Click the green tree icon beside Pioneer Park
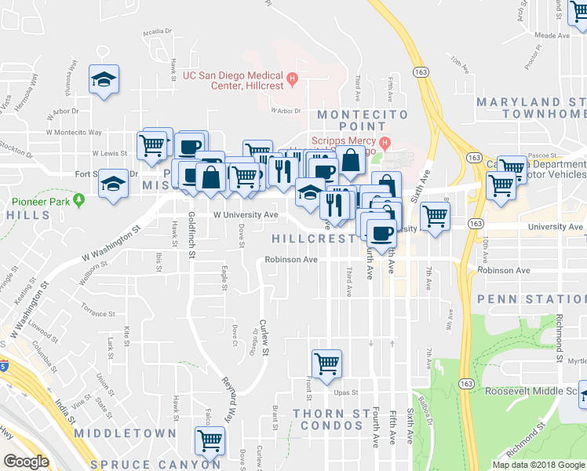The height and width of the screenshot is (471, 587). coord(79,201)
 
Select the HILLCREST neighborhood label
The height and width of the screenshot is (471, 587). coord(312,238)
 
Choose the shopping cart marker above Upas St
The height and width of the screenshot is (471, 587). coord(326,363)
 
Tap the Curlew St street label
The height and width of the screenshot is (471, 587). coord(265,338)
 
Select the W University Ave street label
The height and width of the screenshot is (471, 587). coord(246,214)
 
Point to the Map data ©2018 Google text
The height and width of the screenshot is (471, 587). coord(538,465)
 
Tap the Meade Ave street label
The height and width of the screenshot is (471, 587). coord(551,35)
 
